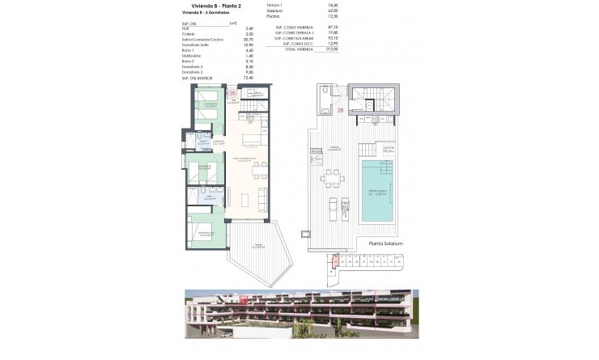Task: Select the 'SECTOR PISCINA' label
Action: (388, 150)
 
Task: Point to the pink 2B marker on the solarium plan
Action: (341, 110)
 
